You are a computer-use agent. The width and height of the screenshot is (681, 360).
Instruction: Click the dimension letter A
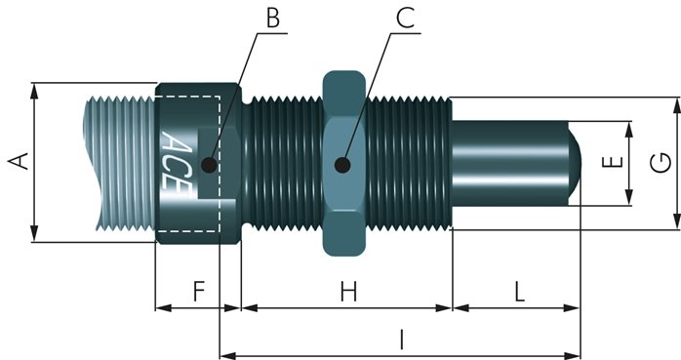pyautogui.click(x=19, y=161)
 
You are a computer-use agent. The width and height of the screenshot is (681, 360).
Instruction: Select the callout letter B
pyautogui.click(x=273, y=18)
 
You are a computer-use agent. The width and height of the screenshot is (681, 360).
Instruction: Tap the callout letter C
pyautogui.click(x=405, y=18)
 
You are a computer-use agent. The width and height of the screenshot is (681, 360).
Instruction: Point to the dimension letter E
pyautogui.click(x=613, y=162)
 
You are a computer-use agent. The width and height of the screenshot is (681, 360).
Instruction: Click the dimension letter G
pyautogui.click(x=661, y=163)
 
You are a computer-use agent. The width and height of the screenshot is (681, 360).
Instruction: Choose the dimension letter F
pyautogui.click(x=198, y=291)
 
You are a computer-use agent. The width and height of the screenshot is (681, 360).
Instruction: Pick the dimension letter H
pyautogui.click(x=348, y=291)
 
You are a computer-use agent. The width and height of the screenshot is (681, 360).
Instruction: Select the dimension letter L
pyautogui.click(x=520, y=291)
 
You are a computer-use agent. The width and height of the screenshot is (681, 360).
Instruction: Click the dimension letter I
pyautogui.click(x=402, y=340)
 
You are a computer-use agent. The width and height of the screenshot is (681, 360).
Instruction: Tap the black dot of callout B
pyautogui.click(x=210, y=165)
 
